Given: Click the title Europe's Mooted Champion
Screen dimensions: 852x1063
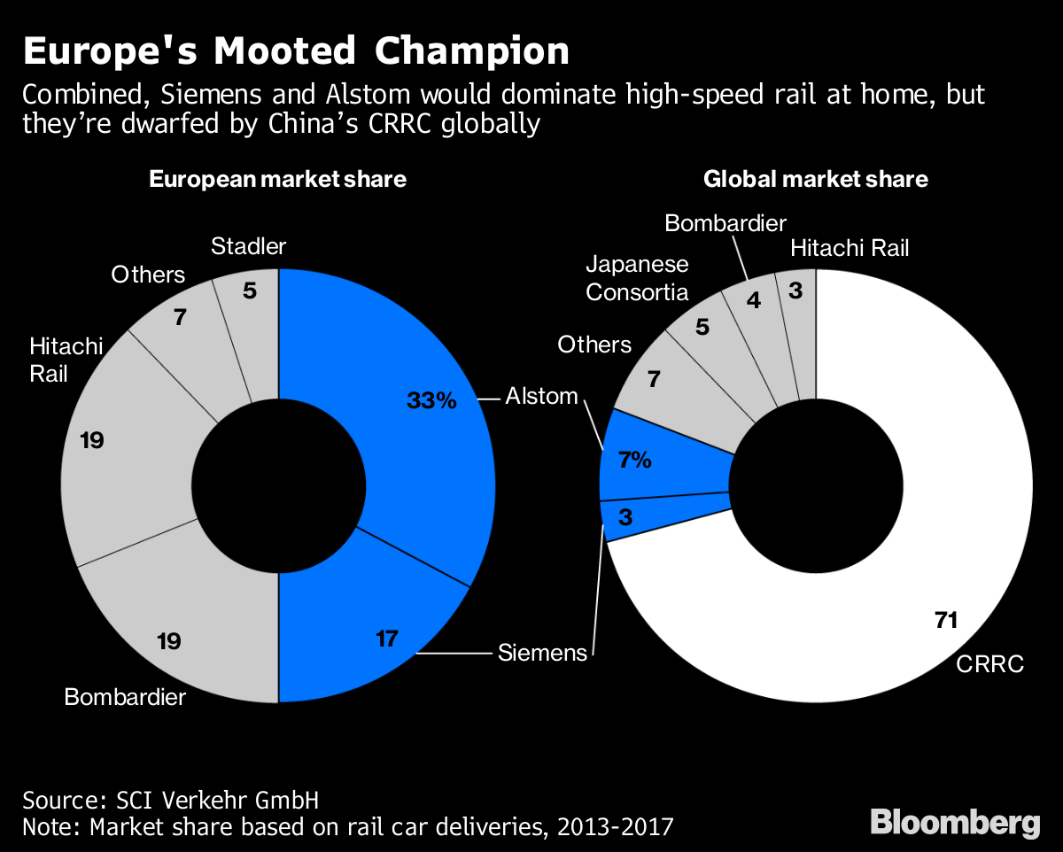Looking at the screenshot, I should pyautogui.click(x=296, y=51).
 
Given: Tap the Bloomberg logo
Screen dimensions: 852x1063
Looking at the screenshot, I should pyautogui.click(x=956, y=822).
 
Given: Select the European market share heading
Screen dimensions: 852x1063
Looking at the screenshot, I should pyautogui.click(x=277, y=180).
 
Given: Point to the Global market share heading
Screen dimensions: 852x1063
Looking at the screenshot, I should pyautogui.click(x=815, y=180).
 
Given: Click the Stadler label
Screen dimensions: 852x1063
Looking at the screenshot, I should pyautogui.click(x=249, y=247).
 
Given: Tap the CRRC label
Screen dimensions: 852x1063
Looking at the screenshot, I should pyautogui.click(x=989, y=663).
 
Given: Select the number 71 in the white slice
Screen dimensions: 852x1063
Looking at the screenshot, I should pyautogui.click(x=946, y=620).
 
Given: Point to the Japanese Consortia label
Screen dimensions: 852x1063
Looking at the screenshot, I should pyautogui.click(x=637, y=278).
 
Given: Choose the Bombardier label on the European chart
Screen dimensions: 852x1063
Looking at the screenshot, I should pyautogui.click(x=125, y=697).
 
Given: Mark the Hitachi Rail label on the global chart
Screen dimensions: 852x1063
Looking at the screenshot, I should pyautogui.click(x=850, y=248).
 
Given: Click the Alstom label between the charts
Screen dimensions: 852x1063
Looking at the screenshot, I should pyautogui.click(x=541, y=396).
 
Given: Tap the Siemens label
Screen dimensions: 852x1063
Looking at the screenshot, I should pyautogui.click(x=542, y=654).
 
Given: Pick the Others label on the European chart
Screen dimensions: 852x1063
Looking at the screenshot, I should pyautogui.click(x=148, y=275).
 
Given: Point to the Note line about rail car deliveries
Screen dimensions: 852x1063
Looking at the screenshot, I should pyautogui.click(x=347, y=827).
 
